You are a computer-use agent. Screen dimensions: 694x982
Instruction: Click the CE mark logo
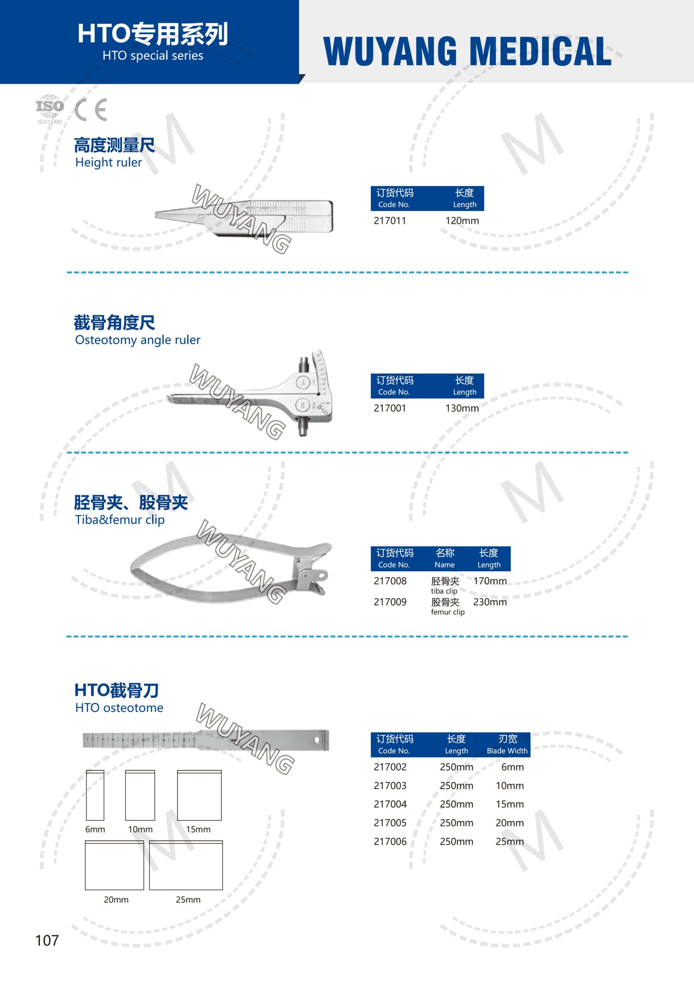point(90,110)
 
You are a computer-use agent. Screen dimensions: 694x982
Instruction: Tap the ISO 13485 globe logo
point(49,109)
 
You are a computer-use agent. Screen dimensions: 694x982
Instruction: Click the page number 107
point(47,940)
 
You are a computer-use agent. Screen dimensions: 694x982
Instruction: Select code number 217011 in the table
point(390,221)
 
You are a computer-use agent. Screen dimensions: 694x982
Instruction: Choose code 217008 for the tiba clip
point(390,581)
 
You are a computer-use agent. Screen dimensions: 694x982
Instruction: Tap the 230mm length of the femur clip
point(490,602)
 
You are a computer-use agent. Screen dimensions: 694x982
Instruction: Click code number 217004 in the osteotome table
point(390,804)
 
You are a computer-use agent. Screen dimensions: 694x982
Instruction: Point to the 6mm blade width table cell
point(512,767)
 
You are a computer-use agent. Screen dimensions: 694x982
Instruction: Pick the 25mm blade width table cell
point(510,841)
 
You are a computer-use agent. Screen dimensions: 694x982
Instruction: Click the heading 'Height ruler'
point(109,163)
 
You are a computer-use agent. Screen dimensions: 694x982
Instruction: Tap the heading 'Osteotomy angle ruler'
point(138,340)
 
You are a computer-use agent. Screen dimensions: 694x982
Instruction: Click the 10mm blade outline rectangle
point(140,795)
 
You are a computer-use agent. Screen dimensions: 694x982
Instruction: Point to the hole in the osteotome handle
point(317,740)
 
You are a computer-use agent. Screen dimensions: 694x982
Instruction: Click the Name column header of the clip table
point(445,559)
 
